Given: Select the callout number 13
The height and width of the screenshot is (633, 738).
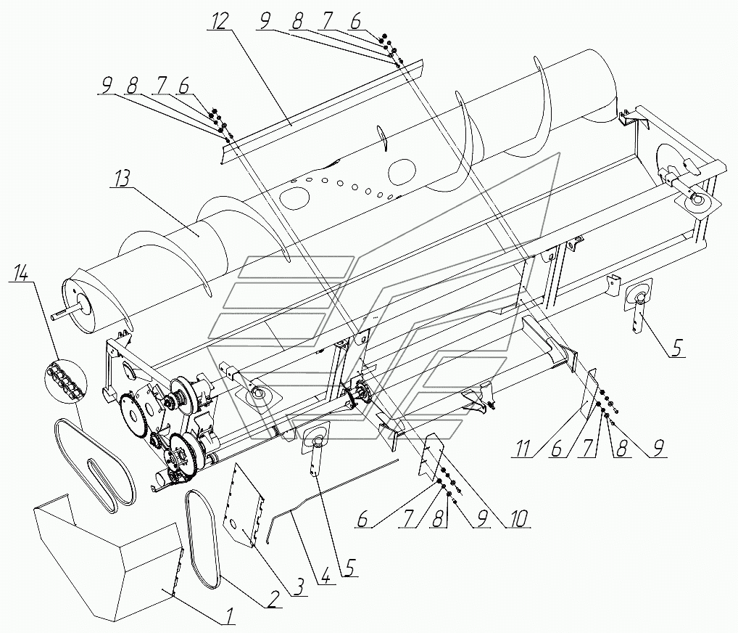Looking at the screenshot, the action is (x=120, y=179).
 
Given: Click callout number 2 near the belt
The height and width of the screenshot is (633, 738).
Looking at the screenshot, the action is (x=275, y=599).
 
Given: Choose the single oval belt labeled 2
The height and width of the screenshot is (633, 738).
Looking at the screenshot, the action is (x=203, y=537).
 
